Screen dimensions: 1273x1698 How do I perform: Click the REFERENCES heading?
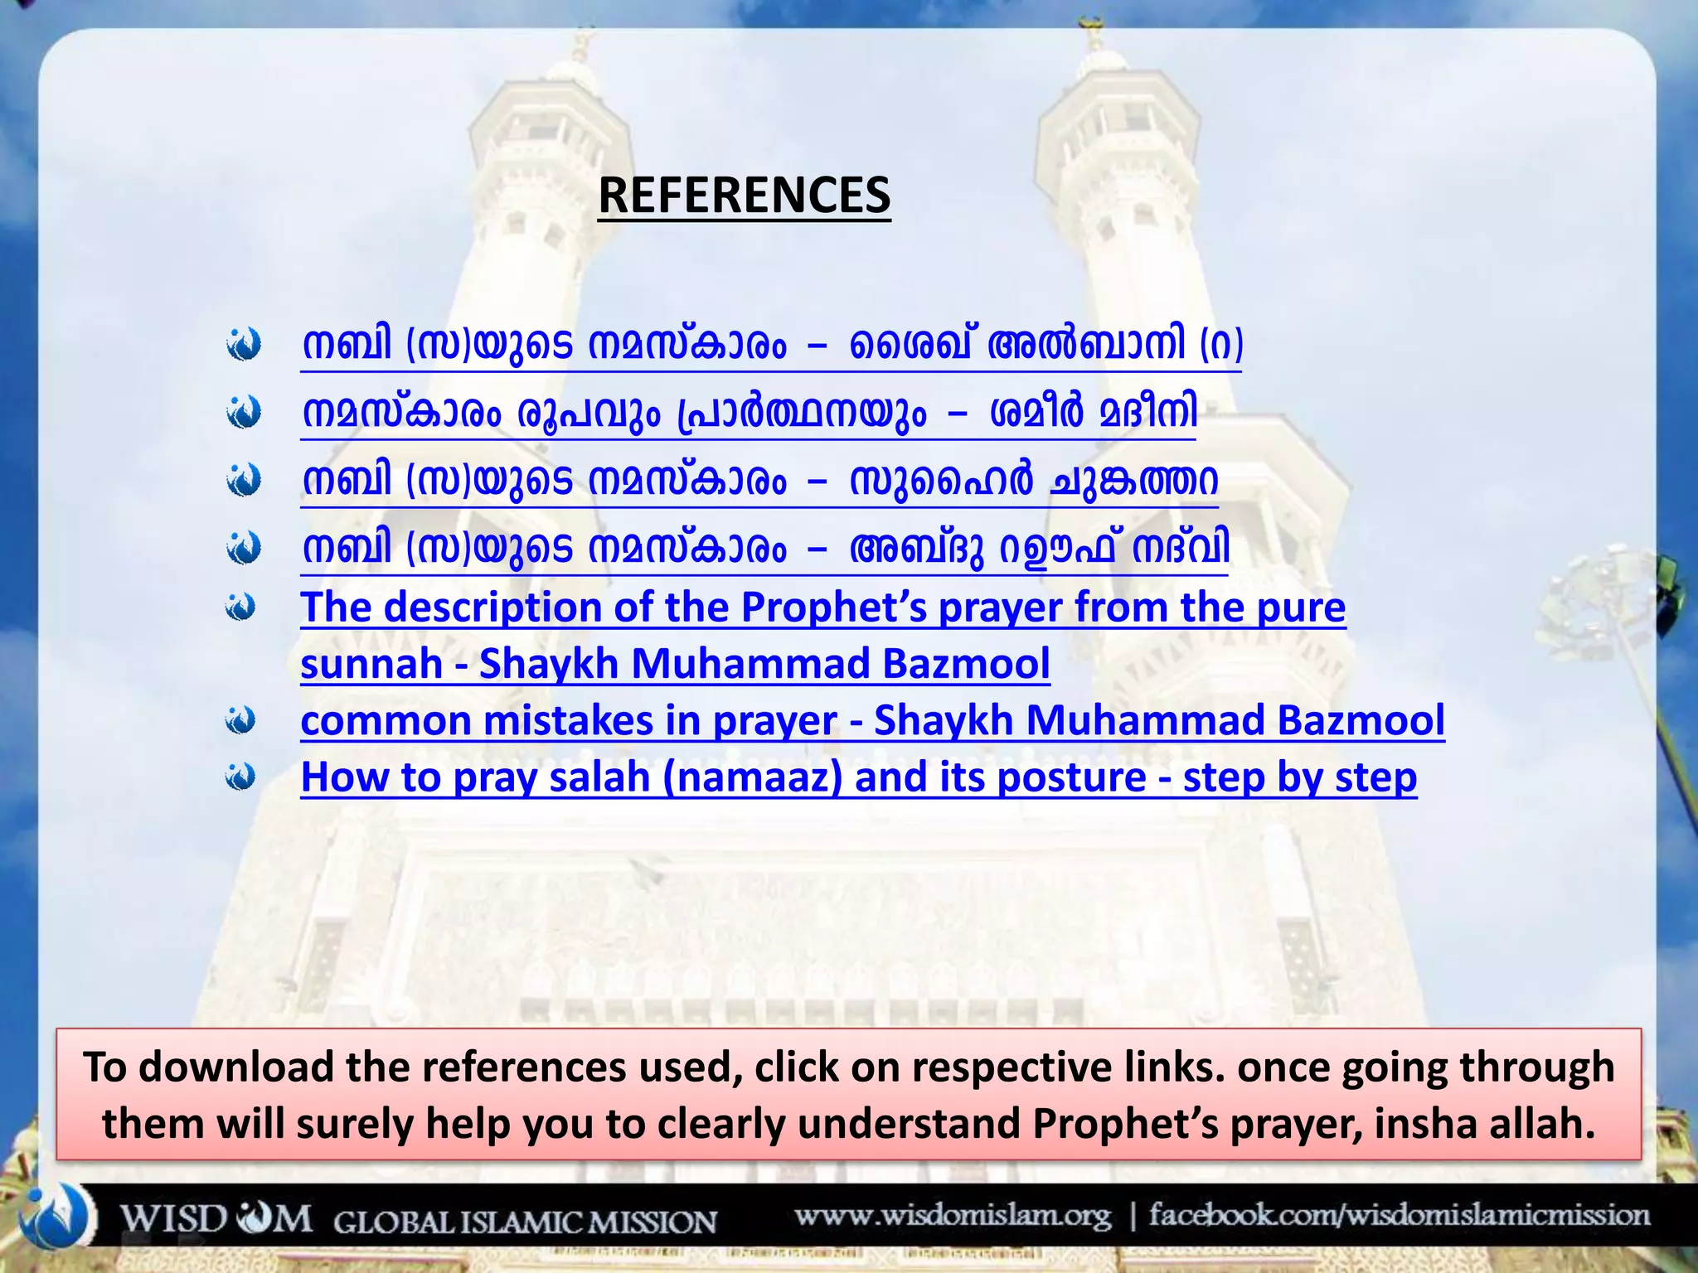[x=744, y=196]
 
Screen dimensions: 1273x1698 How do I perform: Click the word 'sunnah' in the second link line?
[x=371, y=664]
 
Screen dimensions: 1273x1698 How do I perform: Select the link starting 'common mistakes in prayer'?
[x=871, y=720]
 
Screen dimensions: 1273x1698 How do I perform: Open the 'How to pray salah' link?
[x=858, y=777]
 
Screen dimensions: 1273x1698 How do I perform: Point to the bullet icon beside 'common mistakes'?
[x=240, y=720]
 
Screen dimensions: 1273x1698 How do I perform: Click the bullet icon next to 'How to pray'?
[x=240, y=777]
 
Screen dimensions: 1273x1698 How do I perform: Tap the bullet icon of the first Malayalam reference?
[x=244, y=345]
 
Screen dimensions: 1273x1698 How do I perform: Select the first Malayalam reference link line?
[x=771, y=345]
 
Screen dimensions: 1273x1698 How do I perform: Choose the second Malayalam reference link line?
[x=749, y=413]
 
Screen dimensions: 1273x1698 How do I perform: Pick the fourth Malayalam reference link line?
[x=764, y=549]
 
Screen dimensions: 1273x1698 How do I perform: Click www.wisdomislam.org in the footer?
[x=953, y=1217]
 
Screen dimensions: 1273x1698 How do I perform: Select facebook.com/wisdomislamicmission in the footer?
[x=1399, y=1216]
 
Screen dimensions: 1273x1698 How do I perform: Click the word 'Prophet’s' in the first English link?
[x=833, y=607]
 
